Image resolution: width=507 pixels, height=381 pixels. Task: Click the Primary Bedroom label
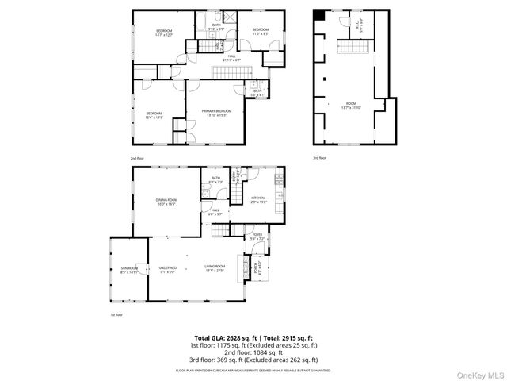(216, 113)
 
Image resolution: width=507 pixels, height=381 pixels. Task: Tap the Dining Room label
(166, 202)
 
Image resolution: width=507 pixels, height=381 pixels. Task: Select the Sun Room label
(128, 270)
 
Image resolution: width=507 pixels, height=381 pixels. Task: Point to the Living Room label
(215, 268)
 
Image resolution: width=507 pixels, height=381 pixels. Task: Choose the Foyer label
(257, 237)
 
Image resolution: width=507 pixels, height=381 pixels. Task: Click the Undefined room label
(167, 269)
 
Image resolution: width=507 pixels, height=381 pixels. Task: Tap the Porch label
(256, 267)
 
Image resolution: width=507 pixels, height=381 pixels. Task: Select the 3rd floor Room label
(350, 106)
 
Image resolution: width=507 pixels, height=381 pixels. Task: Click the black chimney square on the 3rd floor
(319, 15)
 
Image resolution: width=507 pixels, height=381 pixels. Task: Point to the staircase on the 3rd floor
(353, 48)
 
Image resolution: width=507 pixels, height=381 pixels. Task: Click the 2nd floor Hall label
(233, 58)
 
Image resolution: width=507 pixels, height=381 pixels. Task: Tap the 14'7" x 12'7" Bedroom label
(163, 33)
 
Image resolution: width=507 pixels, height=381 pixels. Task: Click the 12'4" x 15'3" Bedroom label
(154, 116)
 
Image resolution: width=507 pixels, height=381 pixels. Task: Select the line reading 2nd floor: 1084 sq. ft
(253, 352)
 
